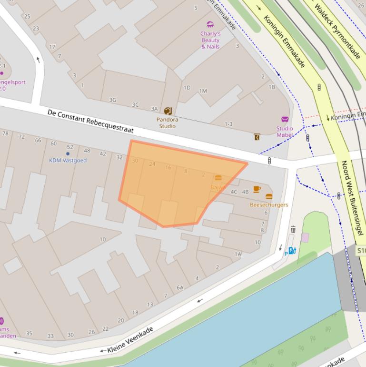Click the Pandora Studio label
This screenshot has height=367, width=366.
click(x=167, y=123)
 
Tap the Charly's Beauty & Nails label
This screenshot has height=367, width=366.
click(x=210, y=41)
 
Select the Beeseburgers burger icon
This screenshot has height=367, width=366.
click(x=269, y=196)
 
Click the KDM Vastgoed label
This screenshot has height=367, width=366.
click(x=68, y=161)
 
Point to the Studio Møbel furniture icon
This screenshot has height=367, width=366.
click(x=285, y=119)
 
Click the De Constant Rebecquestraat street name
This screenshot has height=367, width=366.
click(x=90, y=121)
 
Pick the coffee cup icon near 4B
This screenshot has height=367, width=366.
click(x=257, y=189)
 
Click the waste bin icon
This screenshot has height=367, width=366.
click(x=293, y=229)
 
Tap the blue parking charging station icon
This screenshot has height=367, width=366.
click(x=292, y=251)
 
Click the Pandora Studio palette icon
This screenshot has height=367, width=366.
click(x=168, y=111)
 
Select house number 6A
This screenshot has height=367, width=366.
click(x=180, y=287)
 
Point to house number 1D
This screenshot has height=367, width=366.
click(x=187, y=88)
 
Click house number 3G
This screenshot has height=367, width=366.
click(x=113, y=100)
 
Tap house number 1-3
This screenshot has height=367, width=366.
click(x=228, y=124)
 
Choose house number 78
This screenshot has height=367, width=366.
click(x=6, y=133)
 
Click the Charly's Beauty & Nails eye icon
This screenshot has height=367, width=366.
click(x=210, y=24)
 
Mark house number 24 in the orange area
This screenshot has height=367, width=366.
click(x=152, y=164)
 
